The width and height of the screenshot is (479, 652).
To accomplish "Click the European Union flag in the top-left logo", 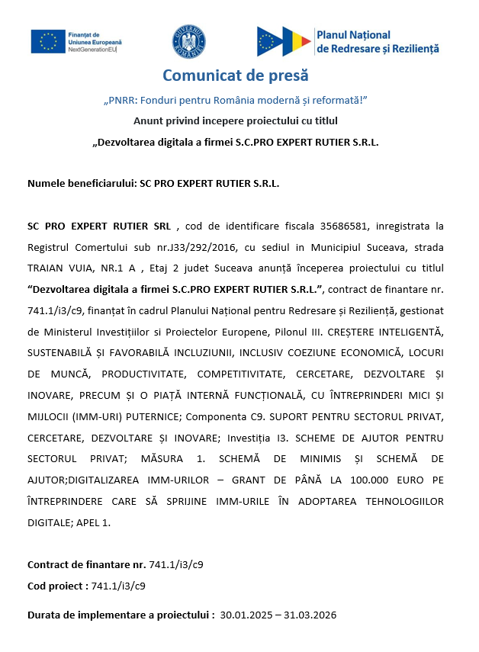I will coord(48,41).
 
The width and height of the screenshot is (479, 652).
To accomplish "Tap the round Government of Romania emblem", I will coord(188,41).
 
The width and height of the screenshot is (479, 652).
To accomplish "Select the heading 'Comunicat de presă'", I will coord(236,76).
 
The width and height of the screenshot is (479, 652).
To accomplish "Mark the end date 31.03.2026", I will coord(312,615).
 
